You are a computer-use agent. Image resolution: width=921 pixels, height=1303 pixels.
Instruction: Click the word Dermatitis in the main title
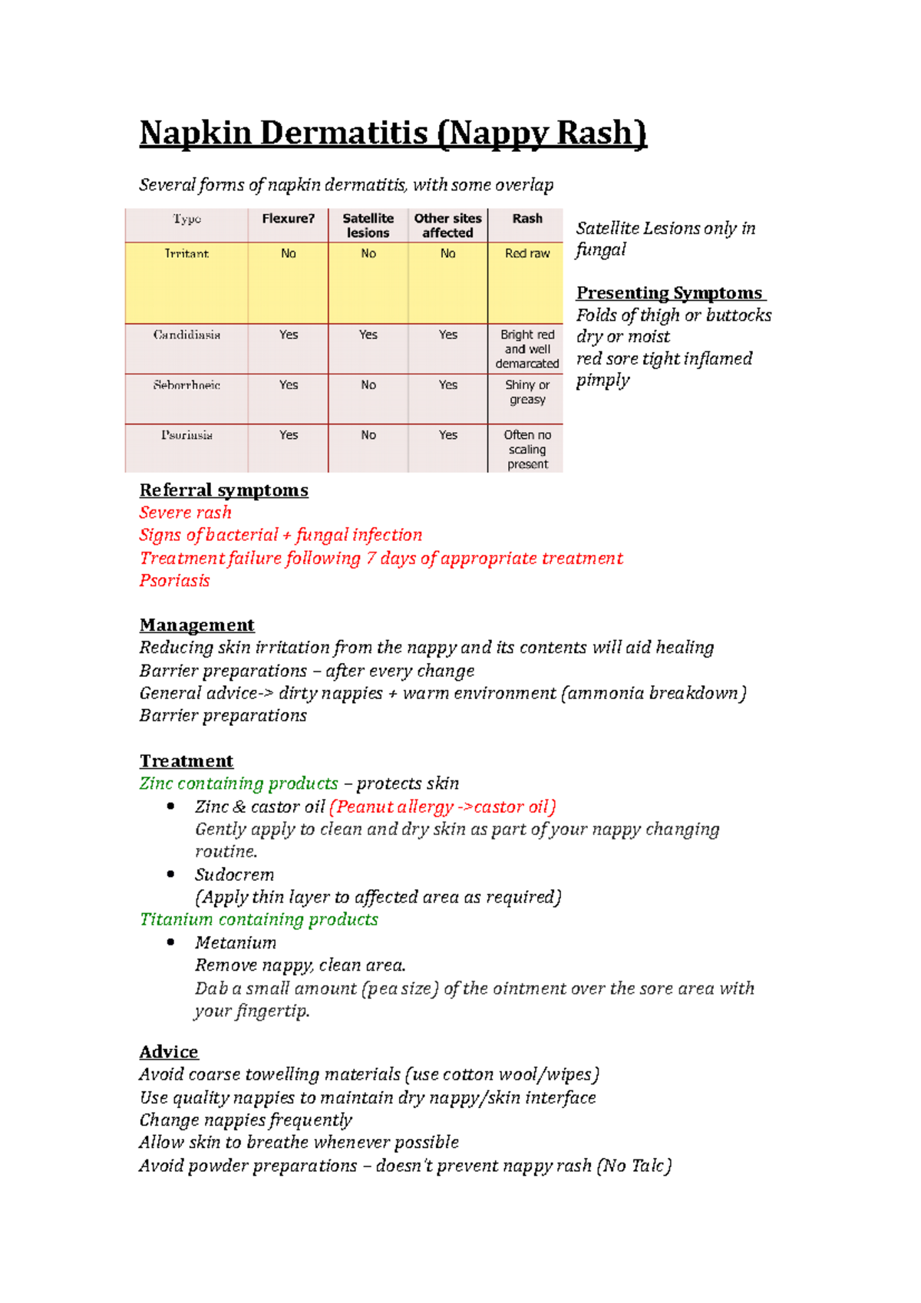click(x=344, y=134)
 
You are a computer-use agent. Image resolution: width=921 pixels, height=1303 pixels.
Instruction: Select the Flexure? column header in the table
click(x=288, y=219)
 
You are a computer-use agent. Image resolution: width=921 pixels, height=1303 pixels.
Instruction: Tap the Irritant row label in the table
click(x=187, y=254)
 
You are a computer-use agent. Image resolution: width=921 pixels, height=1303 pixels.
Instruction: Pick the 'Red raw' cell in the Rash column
click(x=527, y=254)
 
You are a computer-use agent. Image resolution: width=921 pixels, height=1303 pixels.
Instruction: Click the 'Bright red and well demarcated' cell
click(x=527, y=349)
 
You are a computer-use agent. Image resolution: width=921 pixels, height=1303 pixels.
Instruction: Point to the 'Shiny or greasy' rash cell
click(x=527, y=392)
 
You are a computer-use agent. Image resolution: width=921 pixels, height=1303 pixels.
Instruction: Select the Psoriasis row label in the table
click(x=187, y=435)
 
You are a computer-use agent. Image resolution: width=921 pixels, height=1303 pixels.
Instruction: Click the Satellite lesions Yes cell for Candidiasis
click(x=368, y=335)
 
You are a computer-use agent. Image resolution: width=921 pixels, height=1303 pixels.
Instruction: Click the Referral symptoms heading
click(x=223, y=490)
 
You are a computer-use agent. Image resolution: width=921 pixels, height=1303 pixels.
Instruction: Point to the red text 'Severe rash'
click(x=185, y=513)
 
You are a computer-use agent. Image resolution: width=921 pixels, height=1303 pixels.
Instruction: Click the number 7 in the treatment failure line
click(x=371, y=559)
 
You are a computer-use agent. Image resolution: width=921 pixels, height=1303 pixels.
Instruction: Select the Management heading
click(x=196, y=625)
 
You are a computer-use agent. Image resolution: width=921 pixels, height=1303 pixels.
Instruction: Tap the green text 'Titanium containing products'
click(x=259, y=919)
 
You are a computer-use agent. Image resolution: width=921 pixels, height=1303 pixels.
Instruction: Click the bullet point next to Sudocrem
click(x=171, y=874)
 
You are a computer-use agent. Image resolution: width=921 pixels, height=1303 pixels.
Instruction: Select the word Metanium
click(x=235, y=942)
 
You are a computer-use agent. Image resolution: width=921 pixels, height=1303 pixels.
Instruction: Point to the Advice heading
click(x=169, y=1052)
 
